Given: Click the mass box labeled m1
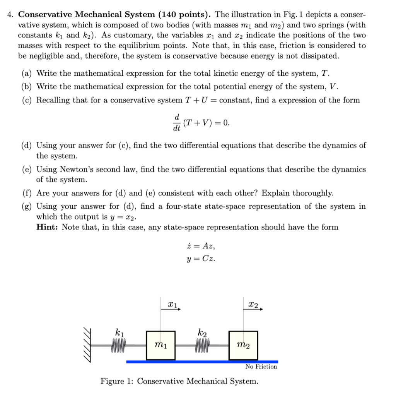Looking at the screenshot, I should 161,345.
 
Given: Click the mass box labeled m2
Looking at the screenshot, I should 243,345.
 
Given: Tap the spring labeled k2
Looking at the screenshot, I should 202,342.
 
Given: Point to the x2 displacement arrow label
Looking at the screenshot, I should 254,305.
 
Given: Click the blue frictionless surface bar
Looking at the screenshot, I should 201,361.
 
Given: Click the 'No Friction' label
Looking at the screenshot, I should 261,367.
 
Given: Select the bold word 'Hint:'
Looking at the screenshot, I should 48,227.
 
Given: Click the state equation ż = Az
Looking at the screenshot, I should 200,246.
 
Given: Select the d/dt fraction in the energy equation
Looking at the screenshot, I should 177,123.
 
